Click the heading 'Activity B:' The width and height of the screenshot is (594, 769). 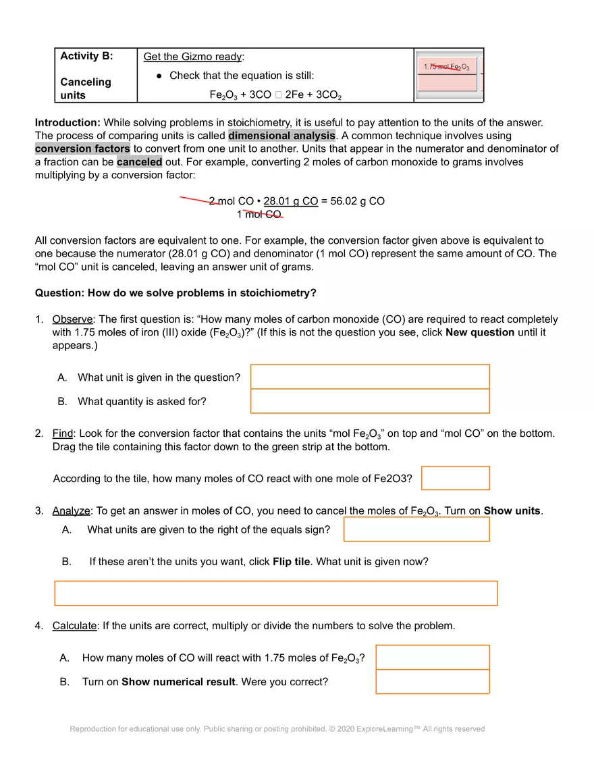point(86,56)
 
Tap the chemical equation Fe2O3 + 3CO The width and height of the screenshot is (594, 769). point(275,95)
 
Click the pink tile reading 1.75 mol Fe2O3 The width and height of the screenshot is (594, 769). point(448,67)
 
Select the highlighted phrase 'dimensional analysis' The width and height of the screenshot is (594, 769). point(281,136)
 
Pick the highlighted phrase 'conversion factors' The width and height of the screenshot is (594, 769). point(82,149)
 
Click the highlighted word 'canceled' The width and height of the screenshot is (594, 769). point(139,162)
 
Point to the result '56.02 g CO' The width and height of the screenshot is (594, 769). point(358,201)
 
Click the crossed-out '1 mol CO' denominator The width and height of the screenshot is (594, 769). point(259,215)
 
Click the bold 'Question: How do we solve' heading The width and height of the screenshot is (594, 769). point(175,293)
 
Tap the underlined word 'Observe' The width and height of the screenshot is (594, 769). point(74,319)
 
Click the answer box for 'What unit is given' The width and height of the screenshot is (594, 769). point(370,377)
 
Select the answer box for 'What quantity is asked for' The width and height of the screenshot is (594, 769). point(370,401)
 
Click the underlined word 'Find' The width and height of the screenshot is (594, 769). point(62,433)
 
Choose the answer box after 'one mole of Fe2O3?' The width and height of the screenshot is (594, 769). point(455,478)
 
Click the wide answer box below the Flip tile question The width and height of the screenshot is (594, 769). point(275,593)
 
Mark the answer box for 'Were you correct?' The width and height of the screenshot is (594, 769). point(432,681)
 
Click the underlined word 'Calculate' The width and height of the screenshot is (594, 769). point(74,626)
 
